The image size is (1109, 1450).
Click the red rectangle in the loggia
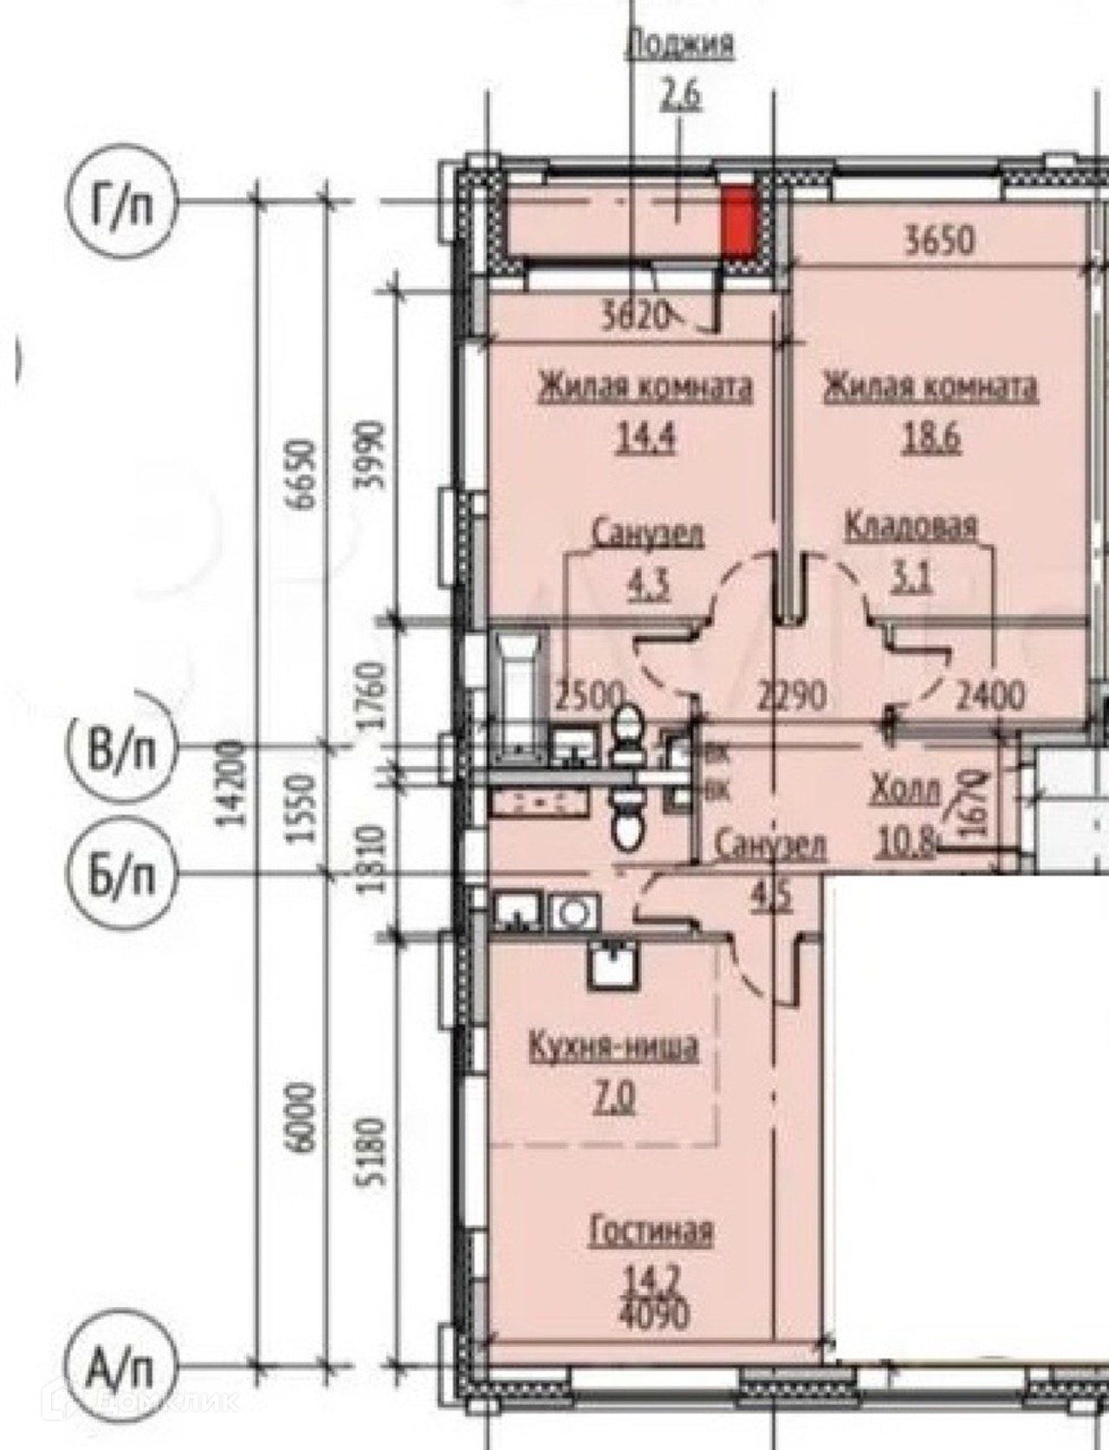(x=738, y=223)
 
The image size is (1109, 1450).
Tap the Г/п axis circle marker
(x=120, y=205)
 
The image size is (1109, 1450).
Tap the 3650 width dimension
(x=939, y=240)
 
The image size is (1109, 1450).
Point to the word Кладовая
(x=911, y=526)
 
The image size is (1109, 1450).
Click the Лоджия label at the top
(x=679, y=44)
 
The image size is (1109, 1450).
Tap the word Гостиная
(x=651, y=1231)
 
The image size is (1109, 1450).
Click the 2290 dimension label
(x=789, y=695)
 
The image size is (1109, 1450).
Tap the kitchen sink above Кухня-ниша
(x=613, y=965)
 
